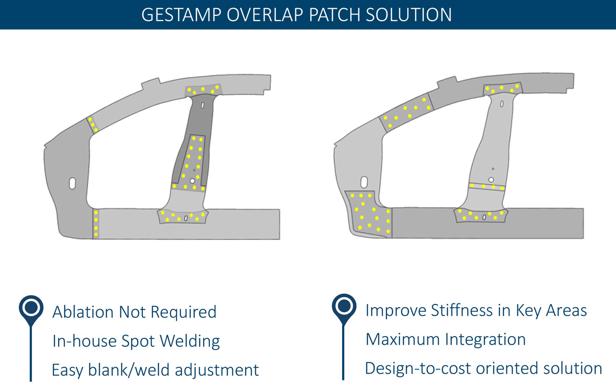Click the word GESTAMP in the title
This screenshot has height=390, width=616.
[177, 14]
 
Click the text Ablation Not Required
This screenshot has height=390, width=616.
[134, 312]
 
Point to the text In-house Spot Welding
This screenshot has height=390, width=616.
[136, 341]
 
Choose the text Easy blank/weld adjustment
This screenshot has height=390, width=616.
[155, 370]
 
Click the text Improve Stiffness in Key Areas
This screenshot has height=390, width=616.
[476, 310]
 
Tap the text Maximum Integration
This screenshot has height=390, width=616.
[445, 339]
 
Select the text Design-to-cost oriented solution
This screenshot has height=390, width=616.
[483, 368]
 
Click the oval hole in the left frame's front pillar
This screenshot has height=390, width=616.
[72, 183]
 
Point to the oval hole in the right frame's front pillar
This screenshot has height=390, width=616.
[364, 181]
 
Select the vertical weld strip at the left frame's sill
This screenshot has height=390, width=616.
[96, 224]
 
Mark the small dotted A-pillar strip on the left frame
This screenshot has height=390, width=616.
[92, 125]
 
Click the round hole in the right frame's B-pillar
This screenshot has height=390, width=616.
[491, 180]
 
